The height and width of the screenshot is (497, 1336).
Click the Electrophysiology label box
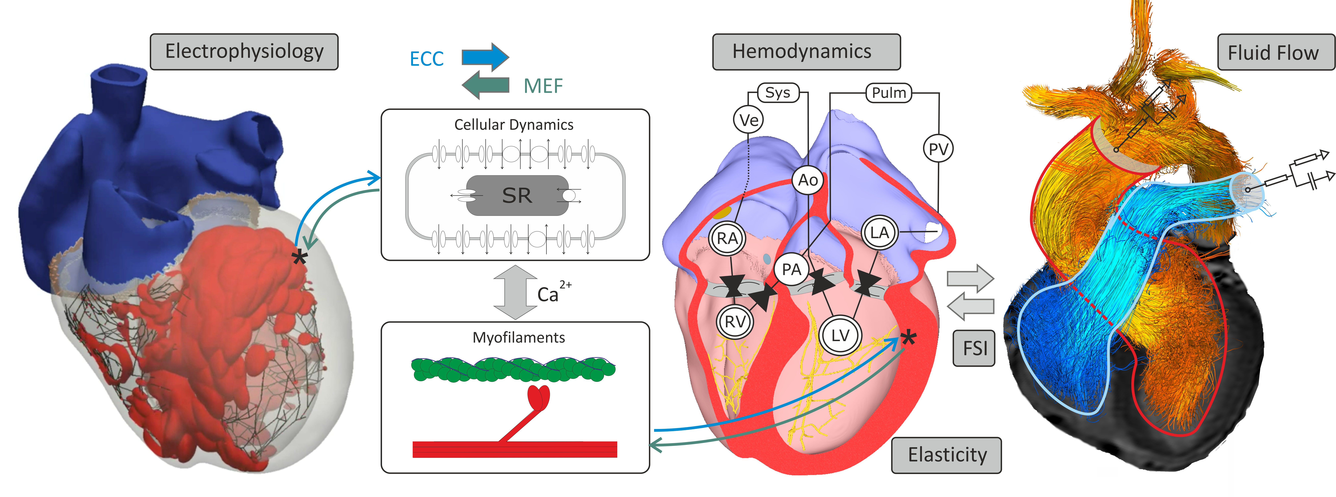(244, 52)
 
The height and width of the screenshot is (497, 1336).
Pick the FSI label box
(974, 348)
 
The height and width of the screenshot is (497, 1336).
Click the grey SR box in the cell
(517, 195)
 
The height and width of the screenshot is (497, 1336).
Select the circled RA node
(727, 238)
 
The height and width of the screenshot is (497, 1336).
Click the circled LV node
(840, 335)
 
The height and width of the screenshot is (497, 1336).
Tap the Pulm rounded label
(888, 93)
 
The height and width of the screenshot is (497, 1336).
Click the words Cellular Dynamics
(513, 125)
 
